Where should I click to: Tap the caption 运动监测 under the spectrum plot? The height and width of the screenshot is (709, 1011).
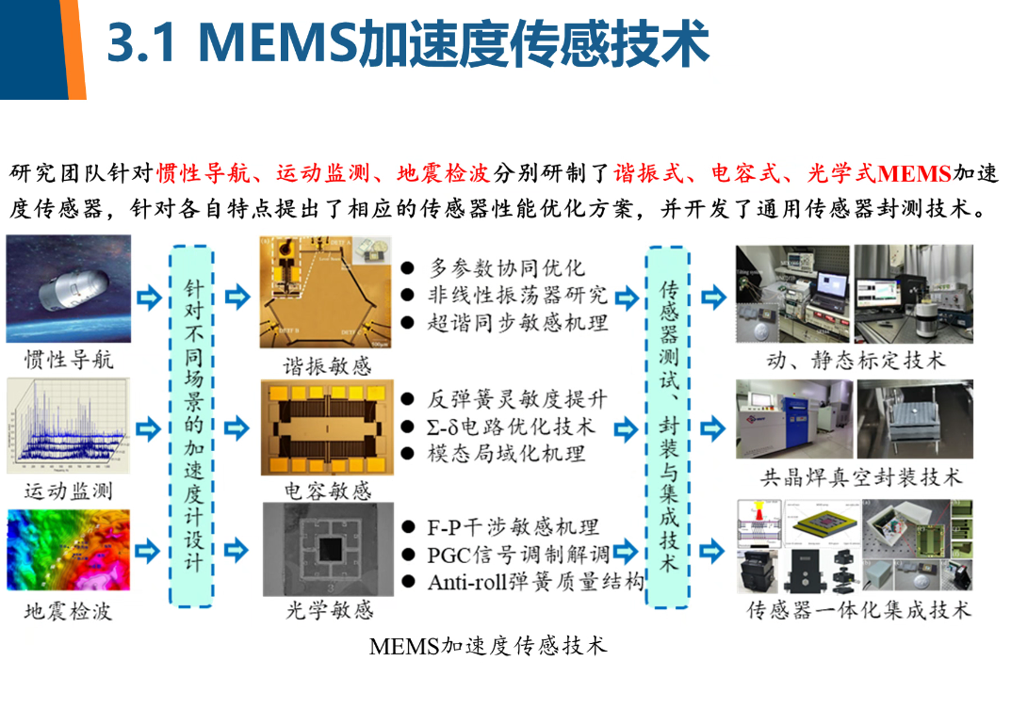(x=69, y=491)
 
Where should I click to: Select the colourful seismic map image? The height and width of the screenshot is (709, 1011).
(x=68, y=550)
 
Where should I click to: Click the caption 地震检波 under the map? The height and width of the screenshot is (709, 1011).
(x=69, y=611)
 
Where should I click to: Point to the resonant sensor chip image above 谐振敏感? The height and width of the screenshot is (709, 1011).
(x=327, y=293)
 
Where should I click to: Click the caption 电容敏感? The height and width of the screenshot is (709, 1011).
(x=328, y=491)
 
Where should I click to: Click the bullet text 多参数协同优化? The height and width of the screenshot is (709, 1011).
(x=507, y=267)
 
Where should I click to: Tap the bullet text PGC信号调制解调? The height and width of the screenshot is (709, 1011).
(x=519, y=554)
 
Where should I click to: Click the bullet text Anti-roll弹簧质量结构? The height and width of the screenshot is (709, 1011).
(x=535, y=582)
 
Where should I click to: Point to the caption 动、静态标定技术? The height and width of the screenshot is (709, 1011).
(x=856, y=360)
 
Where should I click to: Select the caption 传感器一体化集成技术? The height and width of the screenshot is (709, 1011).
(x=858, y=610)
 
